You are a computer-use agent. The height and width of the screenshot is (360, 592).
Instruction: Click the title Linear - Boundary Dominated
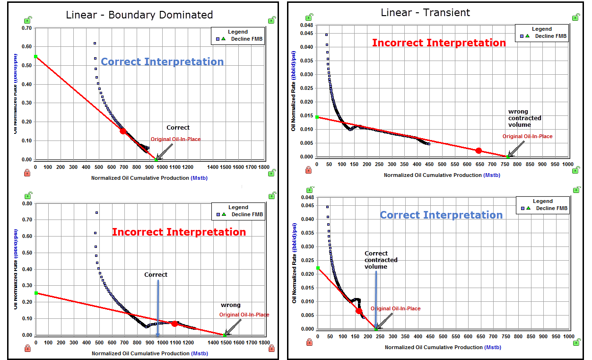139,15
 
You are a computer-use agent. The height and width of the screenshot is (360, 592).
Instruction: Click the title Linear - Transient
425,12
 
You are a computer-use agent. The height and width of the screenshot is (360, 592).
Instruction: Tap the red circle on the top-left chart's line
123,131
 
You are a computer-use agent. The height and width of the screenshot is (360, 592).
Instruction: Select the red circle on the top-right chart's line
479,150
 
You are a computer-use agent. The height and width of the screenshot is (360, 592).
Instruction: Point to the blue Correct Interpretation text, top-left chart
162,61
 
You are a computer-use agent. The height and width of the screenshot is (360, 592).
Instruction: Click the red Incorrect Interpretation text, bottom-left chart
179,232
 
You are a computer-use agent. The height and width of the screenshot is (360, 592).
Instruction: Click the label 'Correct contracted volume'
381,260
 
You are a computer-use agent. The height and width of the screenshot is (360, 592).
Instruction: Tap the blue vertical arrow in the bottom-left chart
158,307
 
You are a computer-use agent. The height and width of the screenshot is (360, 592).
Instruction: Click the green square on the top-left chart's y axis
35,57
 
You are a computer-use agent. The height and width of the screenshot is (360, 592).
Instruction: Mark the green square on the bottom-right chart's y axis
318,268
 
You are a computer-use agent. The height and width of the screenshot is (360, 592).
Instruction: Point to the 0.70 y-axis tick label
26,28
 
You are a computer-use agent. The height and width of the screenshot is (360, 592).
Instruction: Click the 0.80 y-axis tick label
26,203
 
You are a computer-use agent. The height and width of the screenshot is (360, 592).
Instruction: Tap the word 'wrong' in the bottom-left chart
231,305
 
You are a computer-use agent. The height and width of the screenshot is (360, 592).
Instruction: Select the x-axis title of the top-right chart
442,175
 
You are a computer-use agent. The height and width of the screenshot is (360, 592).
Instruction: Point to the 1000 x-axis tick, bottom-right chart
568,336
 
